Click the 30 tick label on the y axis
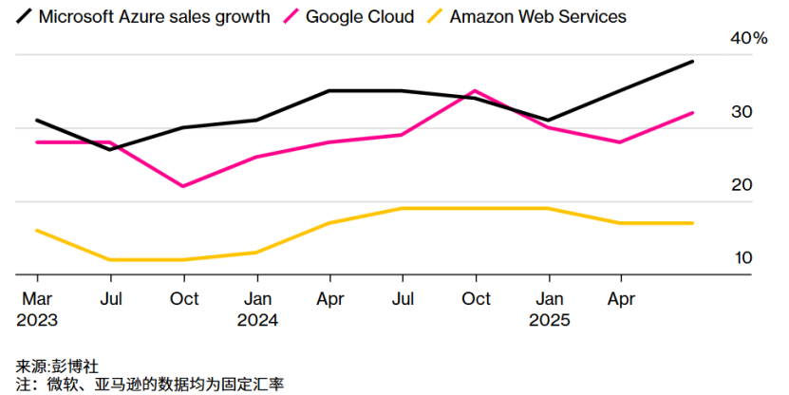click(741, 112)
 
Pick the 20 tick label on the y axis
click(741, 184)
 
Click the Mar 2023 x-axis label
click(37, 310)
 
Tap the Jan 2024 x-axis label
click(257, 310)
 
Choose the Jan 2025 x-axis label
click(550, 310)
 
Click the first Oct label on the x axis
click(184, 299)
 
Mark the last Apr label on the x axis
click(621, 299)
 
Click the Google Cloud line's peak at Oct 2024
click(476, 91)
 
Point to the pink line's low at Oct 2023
click(184, 186)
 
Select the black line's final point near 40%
click(693, 62)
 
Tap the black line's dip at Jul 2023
click(111, 149)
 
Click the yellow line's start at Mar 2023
click(37, 230)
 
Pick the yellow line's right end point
click(693, 223)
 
